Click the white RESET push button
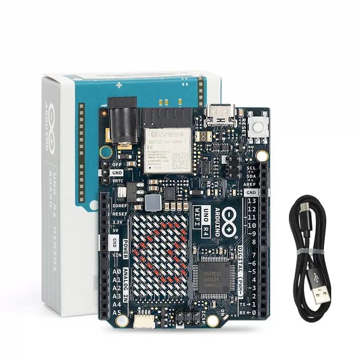(x=259, y=126)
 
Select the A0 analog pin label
(x=116, y=272)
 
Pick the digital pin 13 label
(x=252, y=201)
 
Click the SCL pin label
(x=251, y=168)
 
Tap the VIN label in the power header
(x=116, y=255)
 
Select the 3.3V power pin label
(x=117, y=222)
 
